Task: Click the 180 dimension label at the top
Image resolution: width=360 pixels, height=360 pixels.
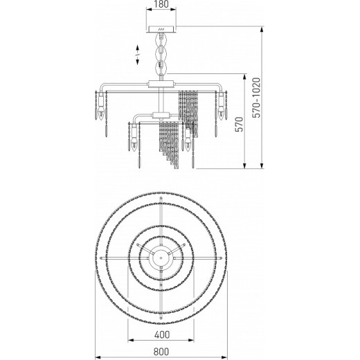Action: (161, 4)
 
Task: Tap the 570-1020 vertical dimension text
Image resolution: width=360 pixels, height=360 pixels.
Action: (256, 98)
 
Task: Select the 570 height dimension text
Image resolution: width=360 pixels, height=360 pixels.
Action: (240, 125)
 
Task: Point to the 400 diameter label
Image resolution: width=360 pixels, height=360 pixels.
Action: (162, 334)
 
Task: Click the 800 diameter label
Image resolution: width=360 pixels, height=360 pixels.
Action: (161, 352)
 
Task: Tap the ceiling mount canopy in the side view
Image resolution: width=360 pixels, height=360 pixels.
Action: (161, 29)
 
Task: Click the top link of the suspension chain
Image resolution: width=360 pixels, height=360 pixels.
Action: (161, 39)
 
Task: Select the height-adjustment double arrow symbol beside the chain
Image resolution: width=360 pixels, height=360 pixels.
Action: (137, 55)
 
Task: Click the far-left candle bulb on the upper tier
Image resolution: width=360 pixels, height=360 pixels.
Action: (101, 113)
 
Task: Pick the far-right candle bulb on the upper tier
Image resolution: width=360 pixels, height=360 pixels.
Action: (222, 113)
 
